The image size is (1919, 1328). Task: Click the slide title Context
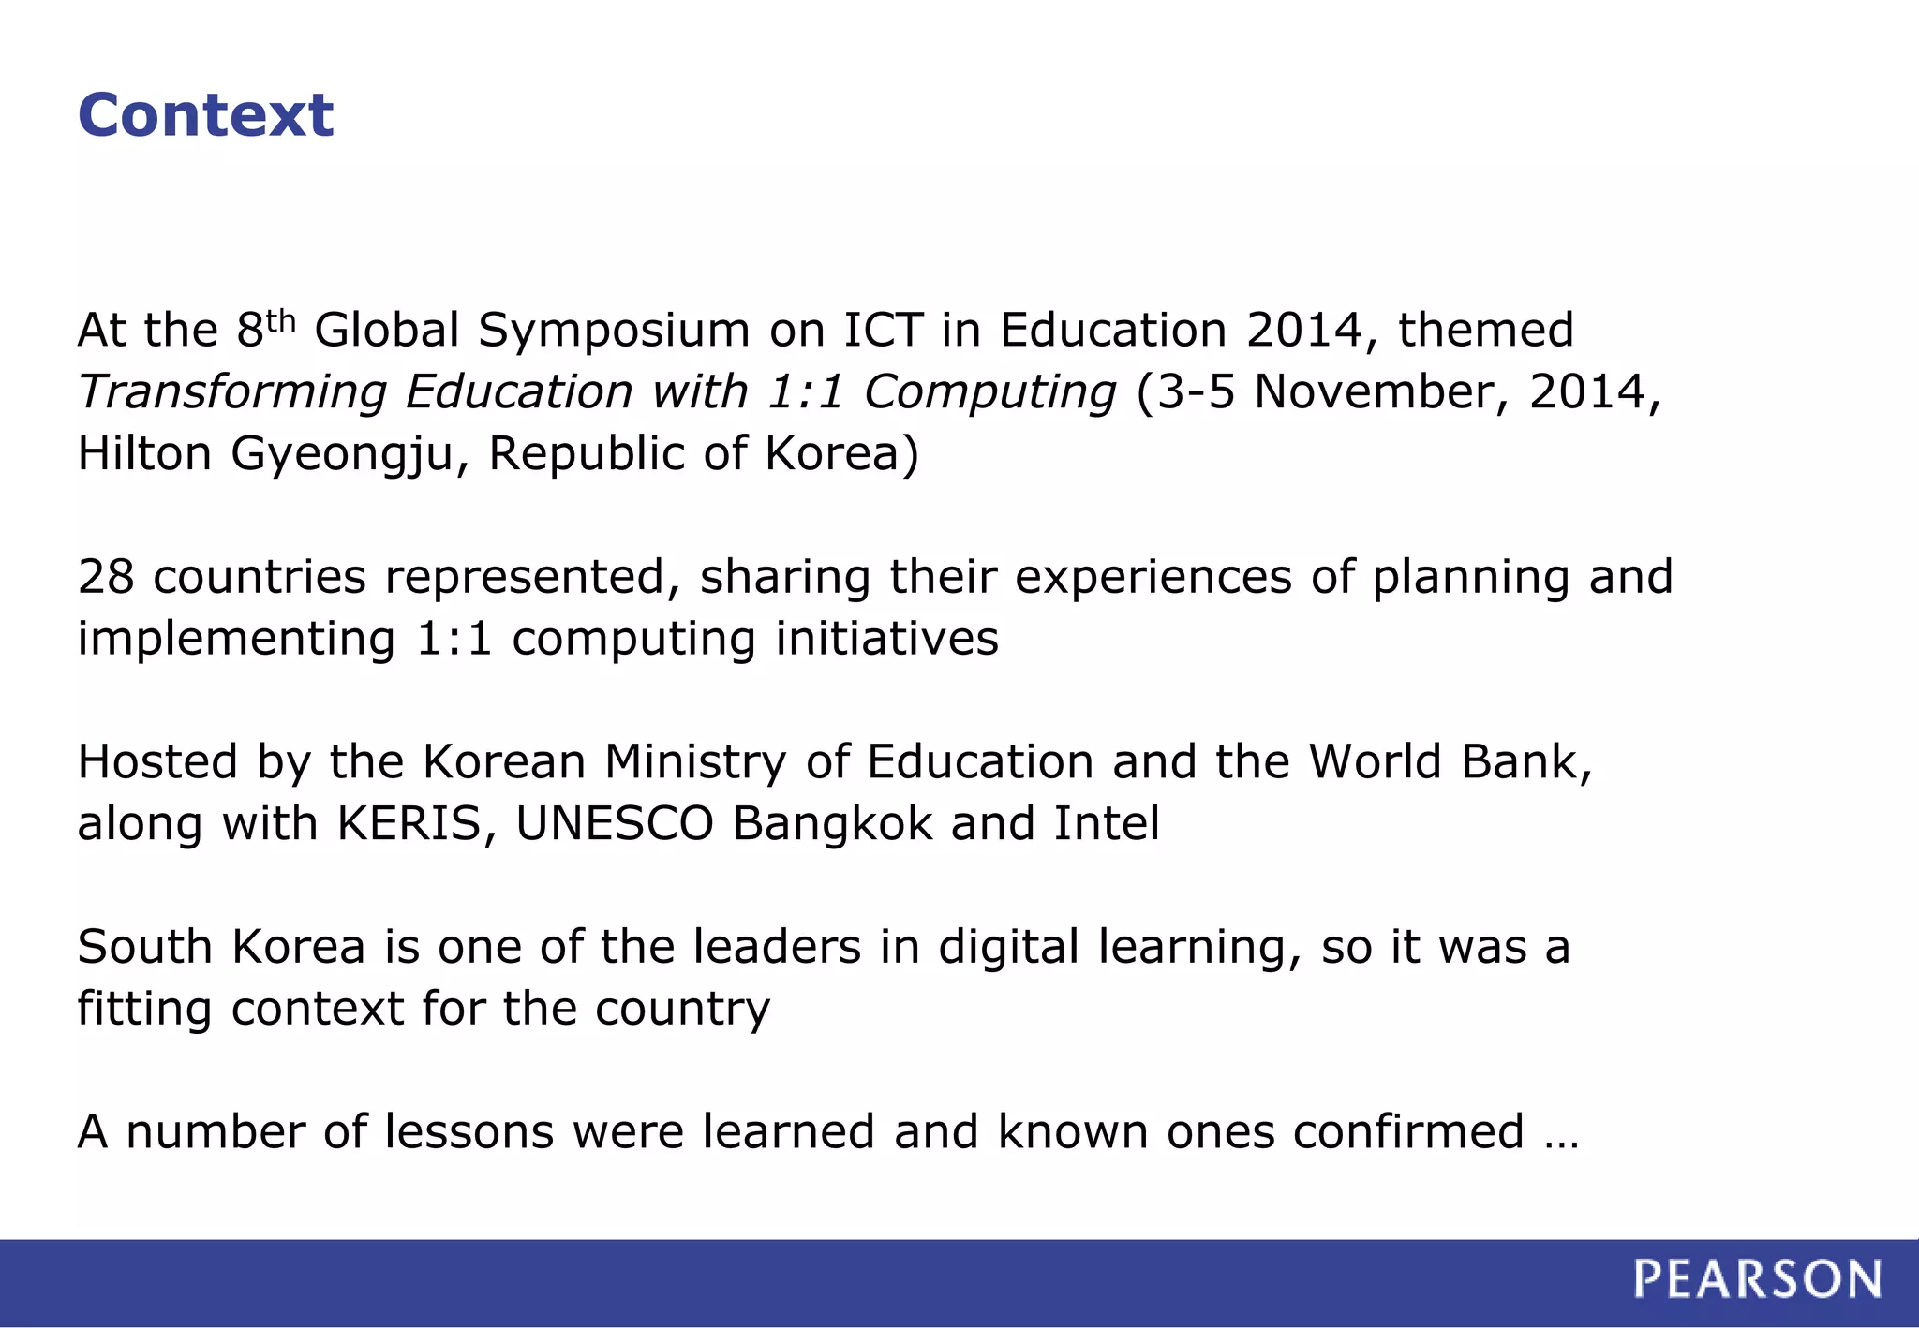click(205, 115)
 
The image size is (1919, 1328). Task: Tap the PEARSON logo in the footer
click(1757, 1279)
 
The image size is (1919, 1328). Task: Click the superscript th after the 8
click(281, 320)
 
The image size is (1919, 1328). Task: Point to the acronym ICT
click(883, 330)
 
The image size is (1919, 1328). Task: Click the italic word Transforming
click(231, 392)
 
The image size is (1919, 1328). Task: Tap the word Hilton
click(144, 453)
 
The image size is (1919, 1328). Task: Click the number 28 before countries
click(106, 577)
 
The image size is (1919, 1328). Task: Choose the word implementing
click(236, 640)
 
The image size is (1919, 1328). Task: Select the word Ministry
click(695, 762)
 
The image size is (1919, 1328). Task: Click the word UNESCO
click(615, 824)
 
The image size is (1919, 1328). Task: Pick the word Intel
click(1107, 824)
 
